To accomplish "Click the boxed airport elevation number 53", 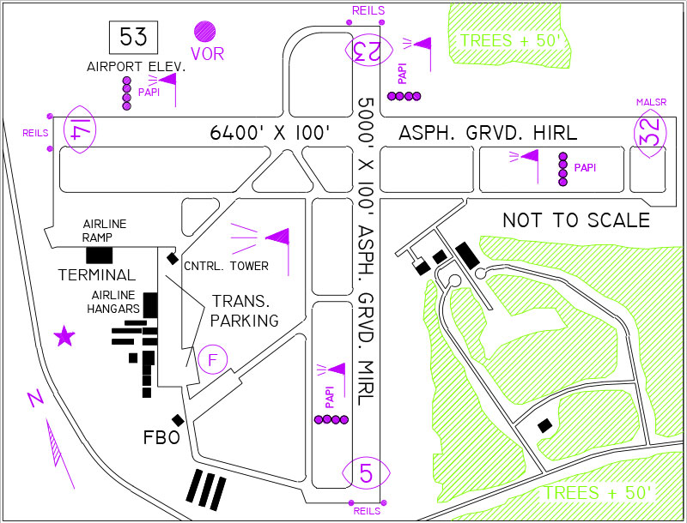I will coord(133,38).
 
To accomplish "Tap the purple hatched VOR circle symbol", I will coord(205,33).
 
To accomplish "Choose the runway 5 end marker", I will coord(367,472).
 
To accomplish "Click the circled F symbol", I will coord(212,359).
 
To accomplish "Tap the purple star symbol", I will coord(64,336).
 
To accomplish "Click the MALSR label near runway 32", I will coord(650,103).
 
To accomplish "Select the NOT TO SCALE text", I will coord(575,220).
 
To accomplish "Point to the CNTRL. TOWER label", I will coord(227,267).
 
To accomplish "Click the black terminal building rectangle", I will coord(100,255).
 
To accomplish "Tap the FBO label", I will coord(161,438).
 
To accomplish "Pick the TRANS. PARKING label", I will coord(246,311).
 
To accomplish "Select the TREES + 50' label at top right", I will coord(510,40).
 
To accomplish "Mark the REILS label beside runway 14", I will coord(35,134).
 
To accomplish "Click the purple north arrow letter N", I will coord(35,400).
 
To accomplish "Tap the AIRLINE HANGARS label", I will coord(116,303).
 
